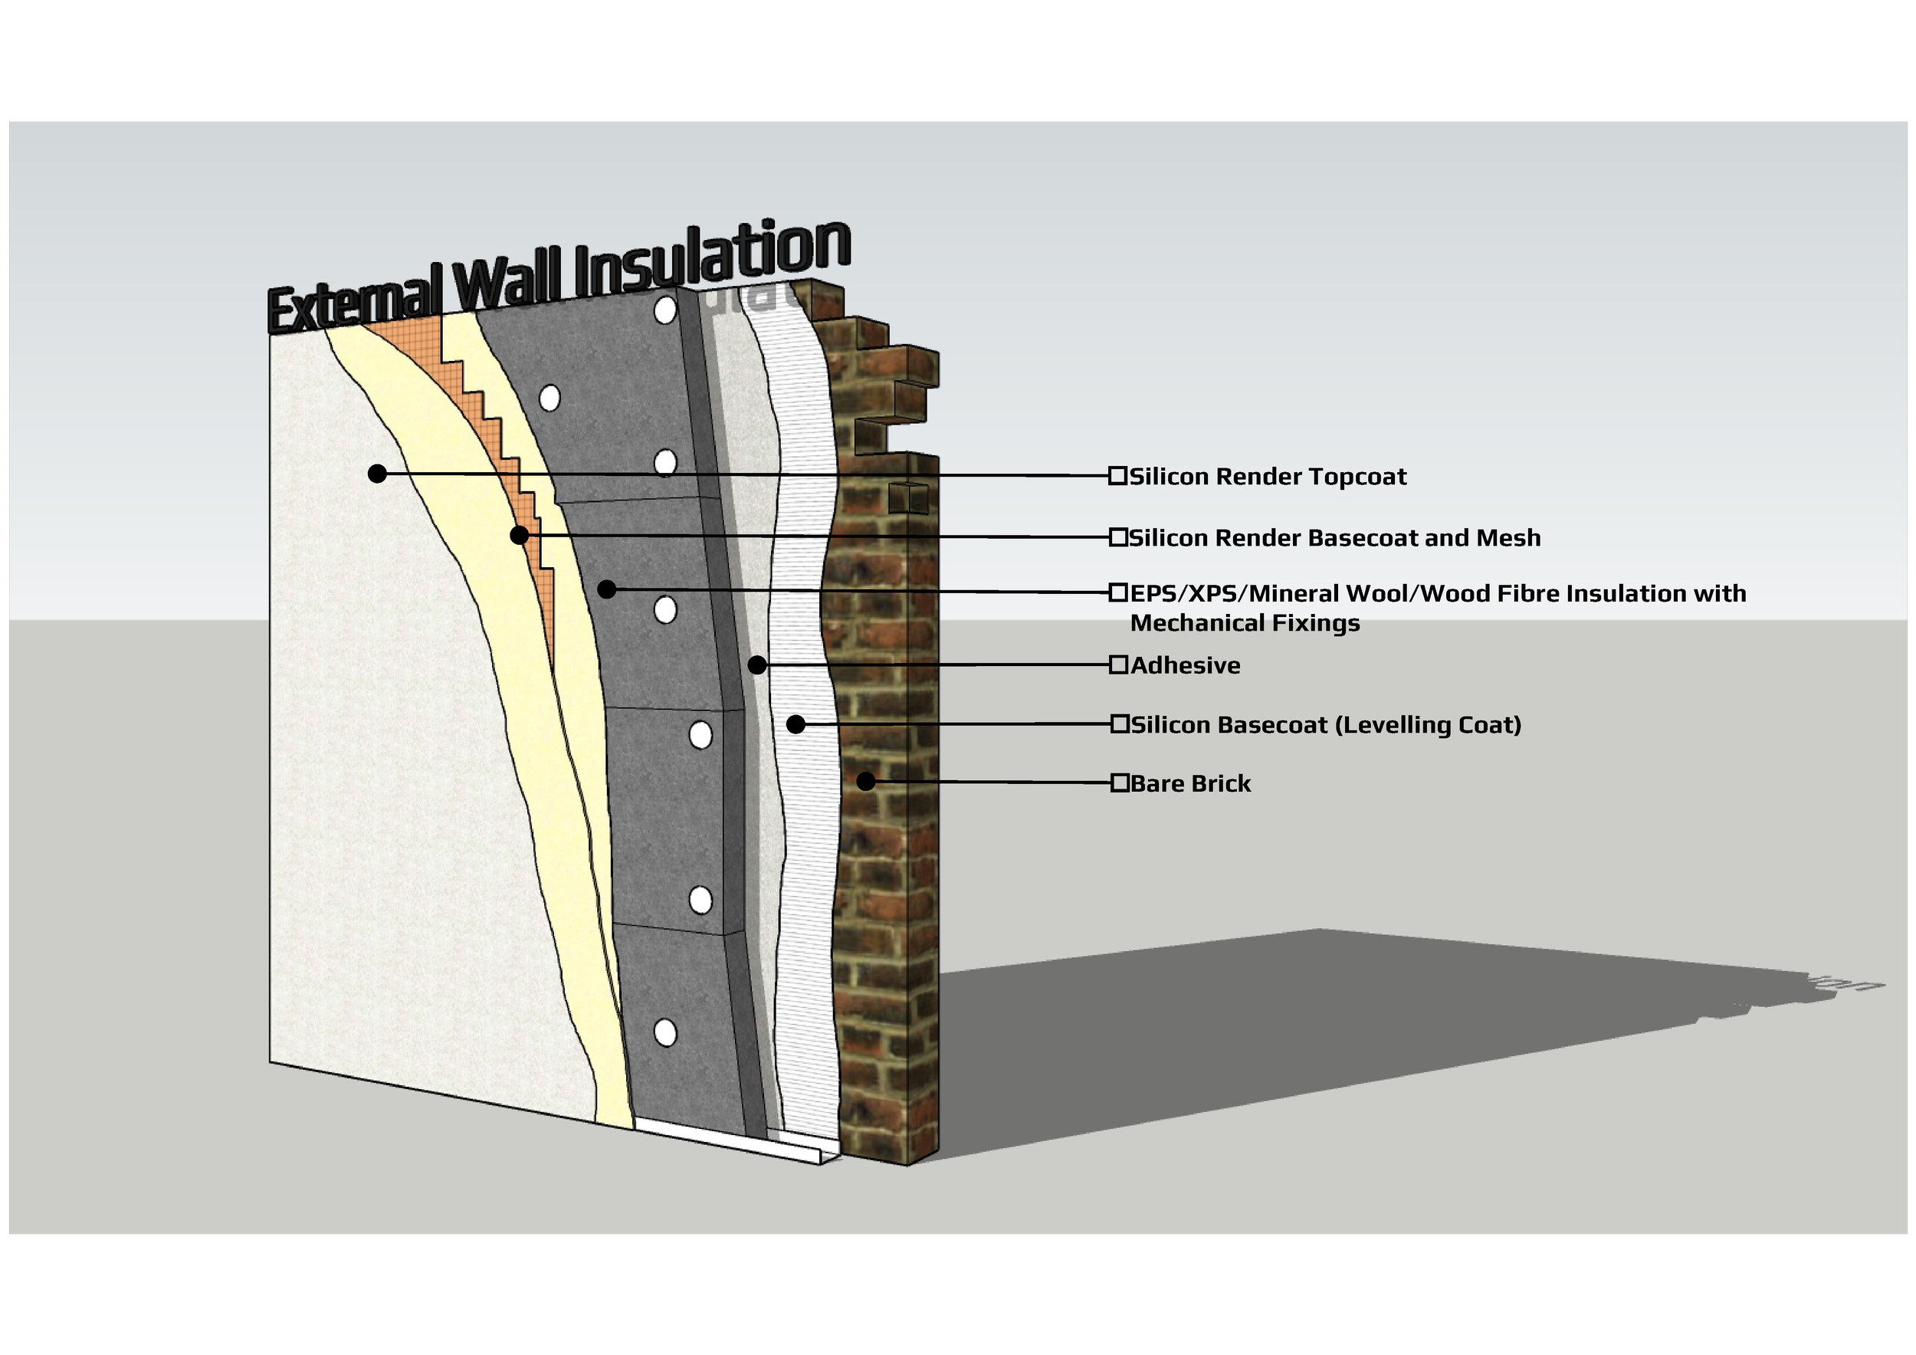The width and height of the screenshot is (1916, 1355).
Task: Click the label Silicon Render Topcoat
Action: coord(1268,477)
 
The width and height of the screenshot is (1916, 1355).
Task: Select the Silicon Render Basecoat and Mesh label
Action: coord(1334,538)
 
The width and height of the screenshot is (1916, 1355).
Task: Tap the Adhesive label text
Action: coord(1185,666)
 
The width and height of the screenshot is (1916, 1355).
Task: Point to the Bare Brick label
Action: coord(1190,783)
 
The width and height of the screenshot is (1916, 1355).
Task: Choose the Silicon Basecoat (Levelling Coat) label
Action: coord(1326,724)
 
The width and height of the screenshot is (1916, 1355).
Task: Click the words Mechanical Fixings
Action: coord(1244,623)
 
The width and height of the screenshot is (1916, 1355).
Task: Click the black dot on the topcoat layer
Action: coord(377,474)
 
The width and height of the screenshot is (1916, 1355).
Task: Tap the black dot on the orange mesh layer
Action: coord(519,535)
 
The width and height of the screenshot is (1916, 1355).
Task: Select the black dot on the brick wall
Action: coord(866,782)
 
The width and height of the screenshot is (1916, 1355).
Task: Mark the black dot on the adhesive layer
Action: coord(757,665)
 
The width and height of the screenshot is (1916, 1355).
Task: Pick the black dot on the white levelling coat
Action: coord(796,724)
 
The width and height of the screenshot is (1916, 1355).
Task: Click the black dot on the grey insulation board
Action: coord(607,589)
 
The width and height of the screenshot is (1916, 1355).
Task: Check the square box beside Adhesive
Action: coord(1118,665)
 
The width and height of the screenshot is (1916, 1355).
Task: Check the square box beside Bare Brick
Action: coord(1119,782)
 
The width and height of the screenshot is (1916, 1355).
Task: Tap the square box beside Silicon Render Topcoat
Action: coord(1117,476)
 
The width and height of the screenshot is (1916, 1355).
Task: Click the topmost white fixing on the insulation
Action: coord(665,310)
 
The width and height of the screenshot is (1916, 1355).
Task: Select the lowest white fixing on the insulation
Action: coord(665,1033)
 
